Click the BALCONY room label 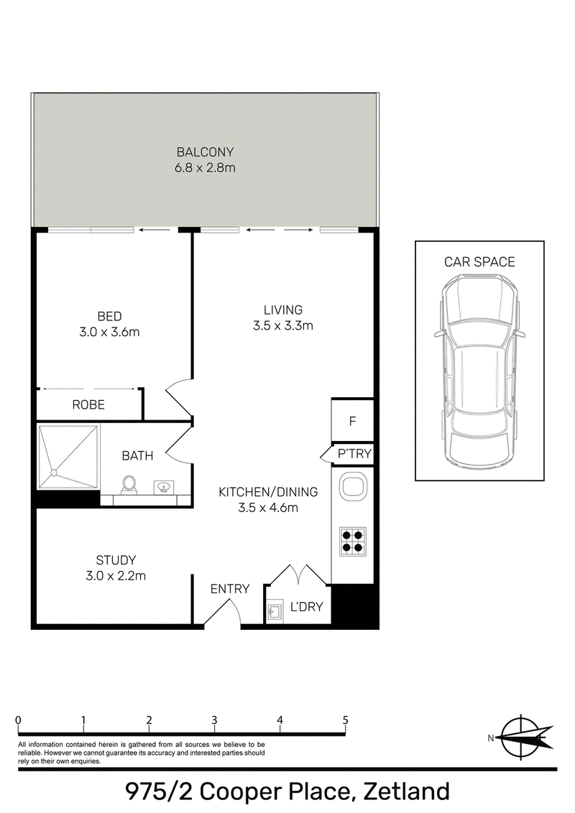pyautogui.click(x=206, y=152)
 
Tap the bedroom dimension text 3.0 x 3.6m pyautogui.click(x=109, y=333)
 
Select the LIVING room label pyautogui.click(x=283, y=310)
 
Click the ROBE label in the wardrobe pyautogui.click(x=88, y=404)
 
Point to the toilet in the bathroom pyautogui.click(x=129, y=484)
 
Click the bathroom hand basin pyautogui.click(x=164, y=488)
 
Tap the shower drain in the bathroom pyautogui.click(x=53, y=473)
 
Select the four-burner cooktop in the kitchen pyautogui.click(x=353, y=542)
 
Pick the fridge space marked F pyautogui.click(x=352, y=421)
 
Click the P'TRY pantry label pyautogui.click(x=354, y=454)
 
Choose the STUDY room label pyautogui.click(x=116, y=560)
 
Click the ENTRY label pyautogui.click(x=230, y=589)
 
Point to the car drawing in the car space pyautogui.click(x=479, y=370)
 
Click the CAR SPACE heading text pyautogui.click(x=479, y=262)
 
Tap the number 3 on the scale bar pyautogui.click(x=214, y=720)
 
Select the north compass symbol pyautogui.click(x=522, y=738)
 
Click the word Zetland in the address pyautogui.click(x=406, y=791)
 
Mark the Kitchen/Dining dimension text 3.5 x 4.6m pyautogui.click(x=268, y=508)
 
